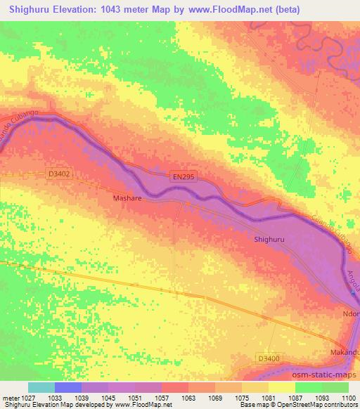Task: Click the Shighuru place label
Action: click(x=270, y=240)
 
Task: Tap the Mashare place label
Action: click(x=129, y=199)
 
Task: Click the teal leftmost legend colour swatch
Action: click(x=41, y=387)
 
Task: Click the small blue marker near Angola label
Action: click(x=353, y=293)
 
